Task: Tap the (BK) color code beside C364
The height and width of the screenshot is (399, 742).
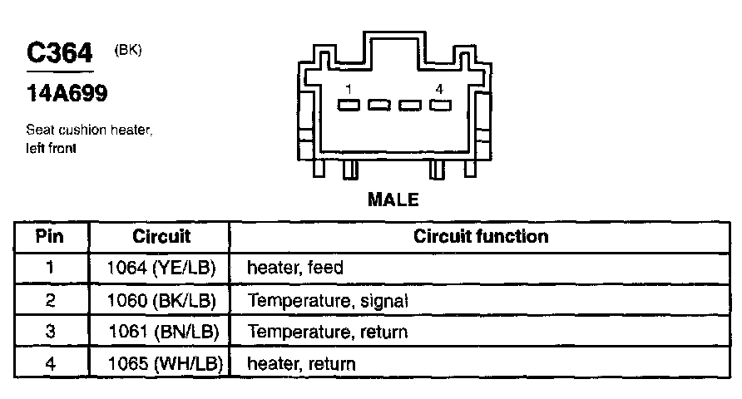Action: coord(127,50)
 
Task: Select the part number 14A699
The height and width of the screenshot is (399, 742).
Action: coord(67,94)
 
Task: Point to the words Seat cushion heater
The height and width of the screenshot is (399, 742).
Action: coord(90,131)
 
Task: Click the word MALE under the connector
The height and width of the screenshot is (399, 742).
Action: coord(393,199)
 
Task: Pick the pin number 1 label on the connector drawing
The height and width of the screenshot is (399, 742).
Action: coord(350,88)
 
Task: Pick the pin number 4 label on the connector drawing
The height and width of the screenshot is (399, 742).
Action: coord(438,88)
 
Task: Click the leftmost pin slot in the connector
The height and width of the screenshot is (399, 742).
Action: coord(349,106)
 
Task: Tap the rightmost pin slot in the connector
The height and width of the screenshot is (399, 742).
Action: coord(440,106)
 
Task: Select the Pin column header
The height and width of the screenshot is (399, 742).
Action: coord(50,236)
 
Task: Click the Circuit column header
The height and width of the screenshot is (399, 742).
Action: coord(161,236)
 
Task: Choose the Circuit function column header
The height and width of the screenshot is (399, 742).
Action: coord(481,236)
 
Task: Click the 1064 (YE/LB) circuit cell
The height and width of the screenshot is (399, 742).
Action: coord(163,268)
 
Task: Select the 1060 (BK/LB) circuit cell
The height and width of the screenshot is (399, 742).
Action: coord(163,301)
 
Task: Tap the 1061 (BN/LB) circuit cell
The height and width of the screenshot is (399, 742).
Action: coord(163,332)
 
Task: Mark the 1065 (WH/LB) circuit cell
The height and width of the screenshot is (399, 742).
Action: coord(163,363)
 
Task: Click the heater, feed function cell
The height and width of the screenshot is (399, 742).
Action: coord(295,268)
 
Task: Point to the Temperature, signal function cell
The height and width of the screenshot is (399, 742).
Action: coord(328,301)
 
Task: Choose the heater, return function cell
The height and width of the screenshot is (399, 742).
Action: coord(301,363)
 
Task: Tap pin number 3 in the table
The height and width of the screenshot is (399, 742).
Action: coord(50,332)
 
